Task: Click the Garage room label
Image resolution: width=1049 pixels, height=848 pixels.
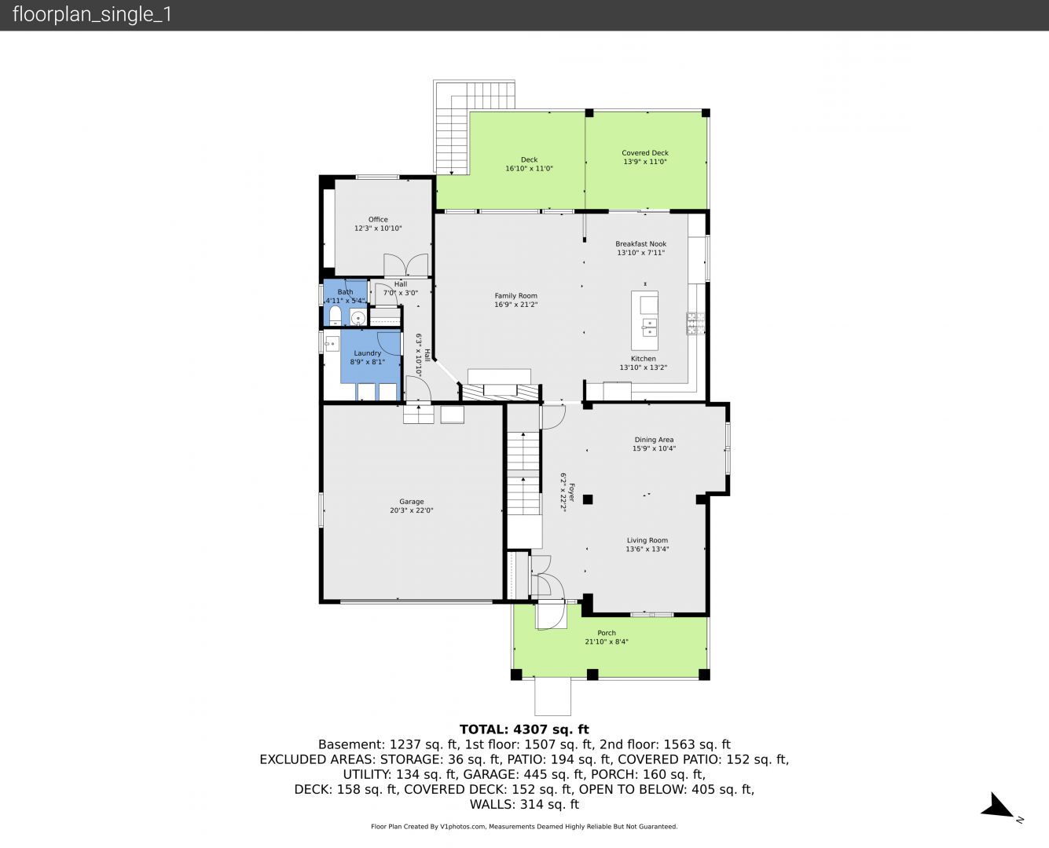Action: pos(411,502)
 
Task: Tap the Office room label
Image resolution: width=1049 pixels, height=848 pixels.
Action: pos(378,220)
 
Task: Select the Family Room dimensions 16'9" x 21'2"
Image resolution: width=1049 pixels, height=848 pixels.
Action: pos(515,305)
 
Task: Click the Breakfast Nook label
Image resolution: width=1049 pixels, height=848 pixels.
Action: pos(640,244)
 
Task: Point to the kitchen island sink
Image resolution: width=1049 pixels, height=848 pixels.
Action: pos(649,327)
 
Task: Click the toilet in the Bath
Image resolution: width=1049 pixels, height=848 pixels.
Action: pos(335,316)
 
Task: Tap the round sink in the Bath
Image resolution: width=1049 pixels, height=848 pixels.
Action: pos(358,317)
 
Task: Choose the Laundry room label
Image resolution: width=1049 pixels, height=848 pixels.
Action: pos(368,353)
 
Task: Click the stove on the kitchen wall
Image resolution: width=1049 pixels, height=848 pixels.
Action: pos(695,323)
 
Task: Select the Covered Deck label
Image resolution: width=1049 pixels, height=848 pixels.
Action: pos(644,153)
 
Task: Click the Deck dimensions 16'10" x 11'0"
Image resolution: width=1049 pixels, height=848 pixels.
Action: pos(529,169)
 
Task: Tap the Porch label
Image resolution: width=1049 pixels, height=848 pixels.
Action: pos(607,633)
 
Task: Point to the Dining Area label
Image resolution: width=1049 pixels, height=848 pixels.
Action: pos(654,440)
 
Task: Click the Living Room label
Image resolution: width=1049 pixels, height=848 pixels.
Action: pos(647,540)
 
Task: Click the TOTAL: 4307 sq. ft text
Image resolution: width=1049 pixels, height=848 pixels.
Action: pos(524,729)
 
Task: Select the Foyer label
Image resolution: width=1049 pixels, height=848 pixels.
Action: pos(572,492)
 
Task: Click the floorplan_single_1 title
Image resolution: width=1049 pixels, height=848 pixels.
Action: pos(92,15)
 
